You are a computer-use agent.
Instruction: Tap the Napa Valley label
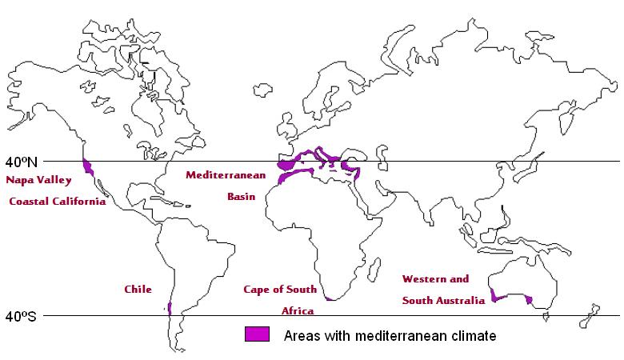pyautogui.click(x=39, y=180)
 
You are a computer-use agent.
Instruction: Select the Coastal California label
pyautogui.click(x=58, y=202)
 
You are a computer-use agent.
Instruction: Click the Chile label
pyautogui.click(x=138, y=289)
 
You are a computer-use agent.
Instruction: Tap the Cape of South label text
pyautogui.click(x=280, y=289)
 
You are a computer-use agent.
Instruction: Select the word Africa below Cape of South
pyautogui.click(x=298, y=310)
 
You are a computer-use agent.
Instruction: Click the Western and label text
pyautogui.click(x=435, y=279)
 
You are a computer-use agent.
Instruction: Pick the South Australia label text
pyautogui.click(x=443, y=301)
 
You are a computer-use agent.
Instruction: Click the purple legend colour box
pyautogui.click(x=257, y=334)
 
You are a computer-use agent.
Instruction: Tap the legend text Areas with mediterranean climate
pyautogui.click(x=390, y=336)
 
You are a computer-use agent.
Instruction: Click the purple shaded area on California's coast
pyautogui.click(x=87, y=167)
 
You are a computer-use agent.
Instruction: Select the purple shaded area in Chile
pyautogui.click(x=169, y=307)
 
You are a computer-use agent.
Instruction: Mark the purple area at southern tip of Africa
pyautogui.click(x=330, y=298)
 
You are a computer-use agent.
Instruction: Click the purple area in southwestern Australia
pyautogui.click(x=498, y=297)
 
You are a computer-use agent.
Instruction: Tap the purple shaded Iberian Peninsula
pyautogui.click(x=286, y=163)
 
